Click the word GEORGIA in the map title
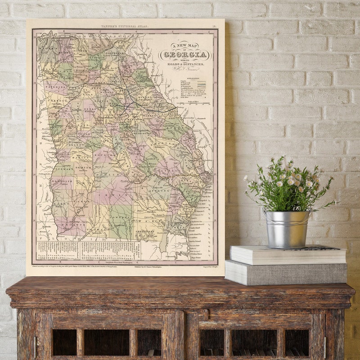(185, 55)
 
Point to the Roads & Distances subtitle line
(185, 64)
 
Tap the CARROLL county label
(54, 110)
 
